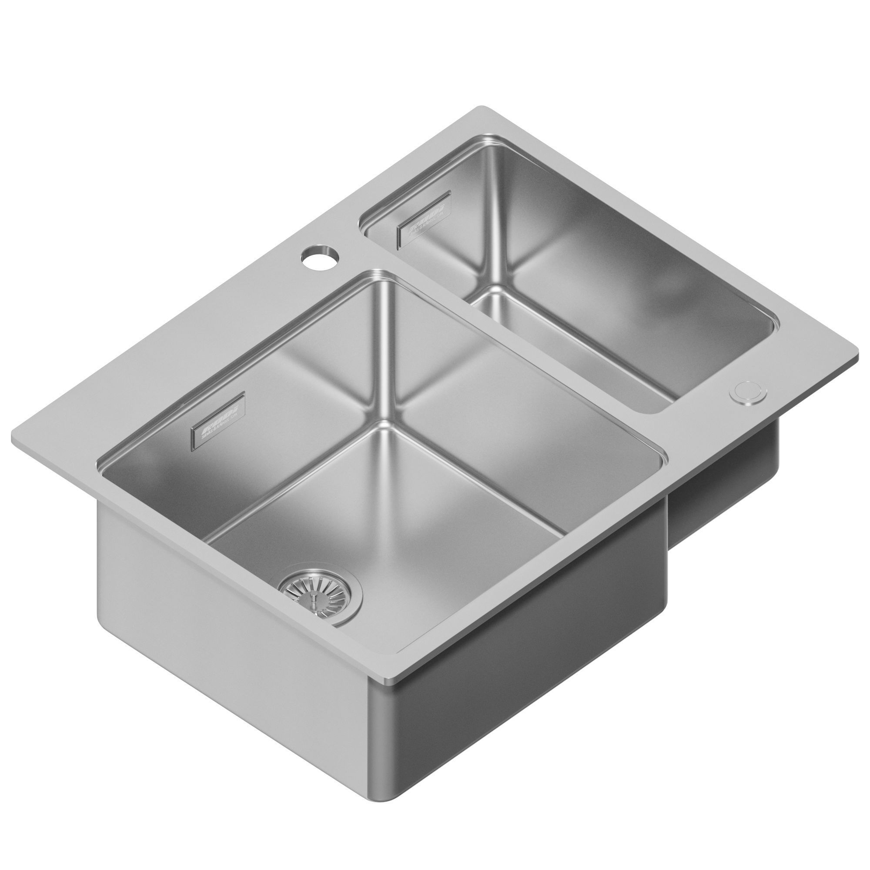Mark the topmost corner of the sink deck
482,107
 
